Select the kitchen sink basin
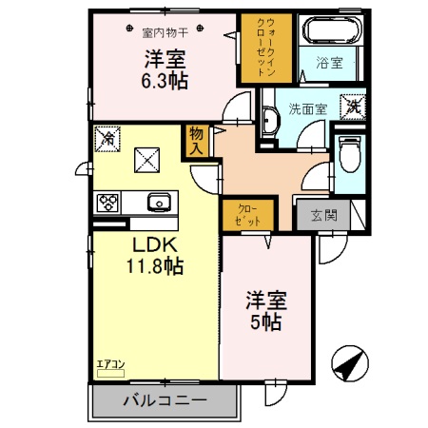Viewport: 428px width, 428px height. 158,201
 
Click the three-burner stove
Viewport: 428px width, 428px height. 107,202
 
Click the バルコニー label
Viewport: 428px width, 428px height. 164,400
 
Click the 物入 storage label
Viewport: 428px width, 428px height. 197,141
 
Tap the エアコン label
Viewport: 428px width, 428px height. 110,361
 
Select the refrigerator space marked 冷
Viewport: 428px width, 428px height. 107,139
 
